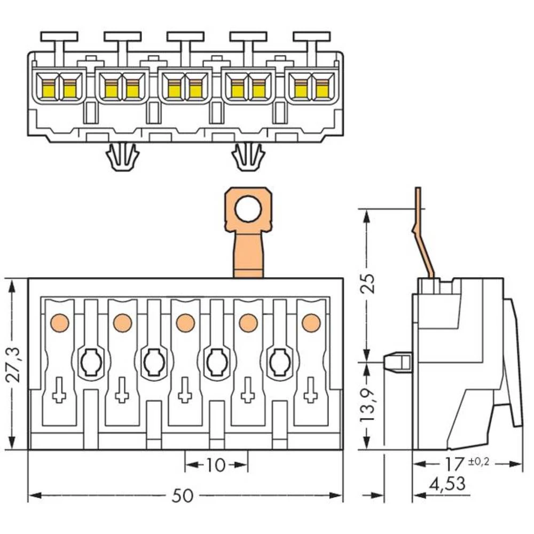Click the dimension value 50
tap(182, 496)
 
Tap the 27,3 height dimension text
tap(14, 365)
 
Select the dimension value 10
tap(216, 465)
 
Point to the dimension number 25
tap(367, 284)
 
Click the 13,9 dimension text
tap(367, 405)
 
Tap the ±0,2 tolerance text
tap(478, 461)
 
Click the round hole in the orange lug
tap(248, 208)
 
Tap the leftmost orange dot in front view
tap(59, 323)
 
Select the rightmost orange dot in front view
tap(310, 323)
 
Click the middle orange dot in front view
tap(185, 323)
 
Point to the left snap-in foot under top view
tap(122, 157)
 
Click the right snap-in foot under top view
tap(248, 157)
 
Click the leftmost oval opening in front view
tap(90, 363)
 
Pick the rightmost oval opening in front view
tap(279, 363)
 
